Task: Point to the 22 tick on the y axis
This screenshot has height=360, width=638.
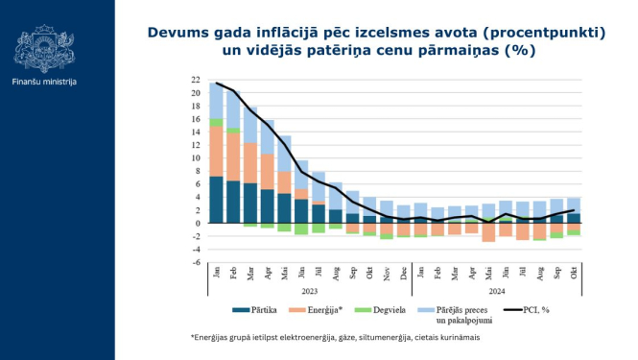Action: click(x=196, y=80)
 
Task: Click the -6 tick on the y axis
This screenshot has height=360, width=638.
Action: click(x=196, y=263)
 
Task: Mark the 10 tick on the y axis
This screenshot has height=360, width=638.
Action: click(x=196, y=158)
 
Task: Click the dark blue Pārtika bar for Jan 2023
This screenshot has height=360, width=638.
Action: click(x=216, y=200)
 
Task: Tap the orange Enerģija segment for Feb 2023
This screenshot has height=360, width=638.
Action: click(x=234, y=156)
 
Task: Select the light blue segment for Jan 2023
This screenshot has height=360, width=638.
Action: click(x=216, y=100)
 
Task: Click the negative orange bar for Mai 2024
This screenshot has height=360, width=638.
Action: click(x=488, y=232)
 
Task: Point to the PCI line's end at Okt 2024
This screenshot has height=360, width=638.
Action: click(x=573, y=210)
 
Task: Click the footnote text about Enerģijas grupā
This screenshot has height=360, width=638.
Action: click(x=335, y=338)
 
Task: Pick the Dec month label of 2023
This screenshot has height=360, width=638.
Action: click(x=404, y=273)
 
